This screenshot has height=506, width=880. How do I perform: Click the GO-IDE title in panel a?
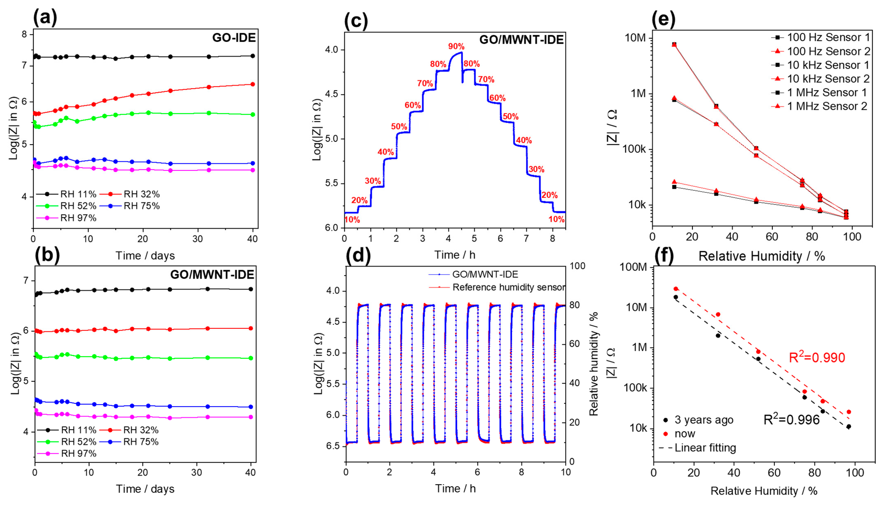point(234,37)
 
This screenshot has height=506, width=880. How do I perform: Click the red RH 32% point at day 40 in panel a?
point(253,84)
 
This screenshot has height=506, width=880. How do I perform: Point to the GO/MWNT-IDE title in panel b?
point(212,275)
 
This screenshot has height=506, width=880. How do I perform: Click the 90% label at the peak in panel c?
point(456,47)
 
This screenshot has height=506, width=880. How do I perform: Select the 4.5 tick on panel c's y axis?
point(333,94)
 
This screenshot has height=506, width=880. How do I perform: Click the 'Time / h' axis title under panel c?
point(455,255)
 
